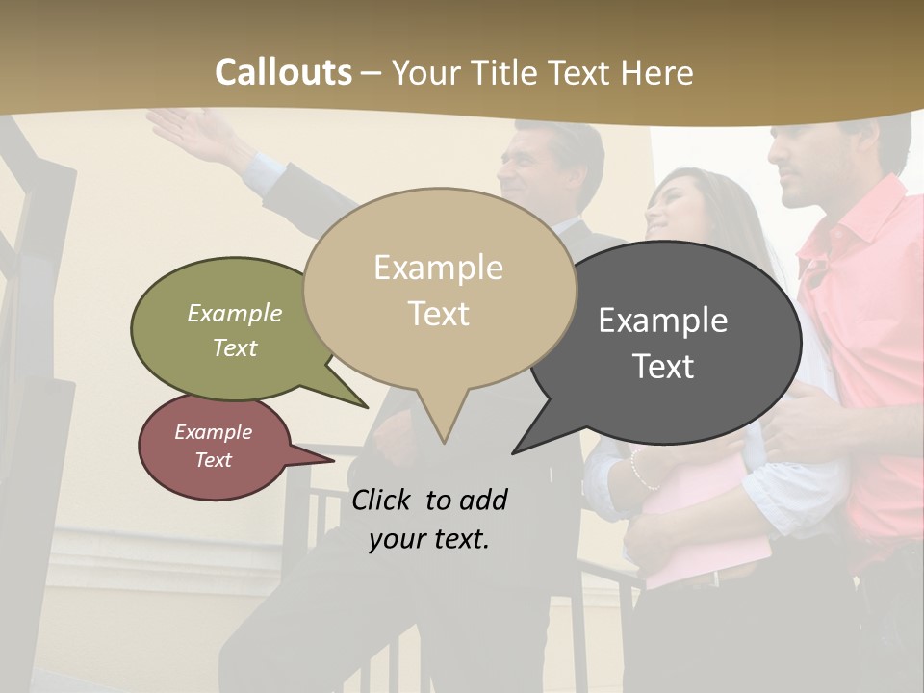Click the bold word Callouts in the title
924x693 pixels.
coord(283,72)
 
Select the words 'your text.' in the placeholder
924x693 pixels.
coord(429,540)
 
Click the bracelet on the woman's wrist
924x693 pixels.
coord(636,471)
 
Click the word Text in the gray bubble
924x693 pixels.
coord(664,367)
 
